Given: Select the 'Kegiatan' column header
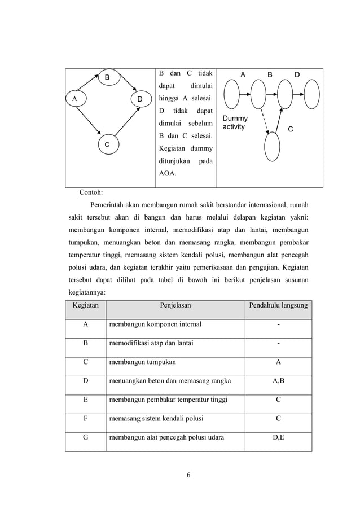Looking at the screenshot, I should (x=85, y=305).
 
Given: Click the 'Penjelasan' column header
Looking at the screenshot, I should (x=175, y=305).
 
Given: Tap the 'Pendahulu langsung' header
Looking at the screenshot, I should (x=278, y=305).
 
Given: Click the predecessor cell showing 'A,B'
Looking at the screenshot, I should (x=278, y=381).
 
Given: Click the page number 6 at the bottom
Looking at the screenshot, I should (x=188, y=473).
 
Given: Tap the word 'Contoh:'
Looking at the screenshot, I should (x=95, y=192).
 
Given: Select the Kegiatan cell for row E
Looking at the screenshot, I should (x=85, y=400).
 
